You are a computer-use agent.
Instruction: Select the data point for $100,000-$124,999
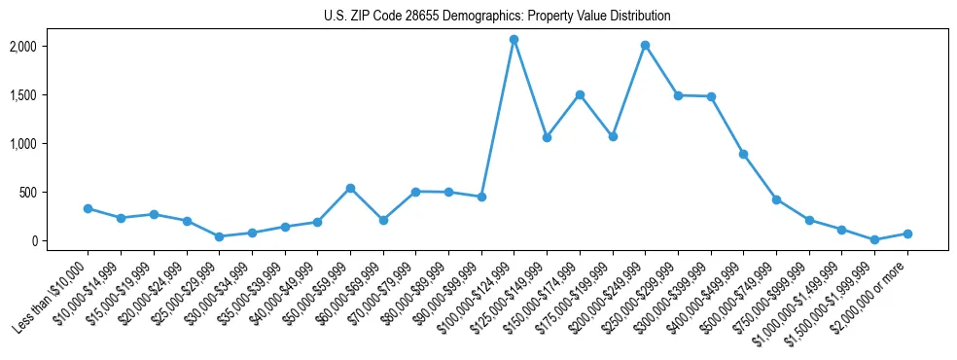[x=514, y=39]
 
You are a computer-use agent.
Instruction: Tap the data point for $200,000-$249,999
[x=645, y=45]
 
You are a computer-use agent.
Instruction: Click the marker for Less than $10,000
[x=88, y=208]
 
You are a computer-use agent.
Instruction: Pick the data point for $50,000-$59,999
[x=350, y=188]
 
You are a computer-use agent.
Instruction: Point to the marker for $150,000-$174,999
[x=580, y=94]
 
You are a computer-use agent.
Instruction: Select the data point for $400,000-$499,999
[x=743, y=154]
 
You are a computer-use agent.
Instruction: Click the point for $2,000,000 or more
[x=907, y=234]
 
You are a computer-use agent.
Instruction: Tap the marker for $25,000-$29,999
[x=219, y=236]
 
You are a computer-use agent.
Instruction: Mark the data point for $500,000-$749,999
[x=776, y=199]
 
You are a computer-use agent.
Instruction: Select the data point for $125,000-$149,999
[x=547, y=137]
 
